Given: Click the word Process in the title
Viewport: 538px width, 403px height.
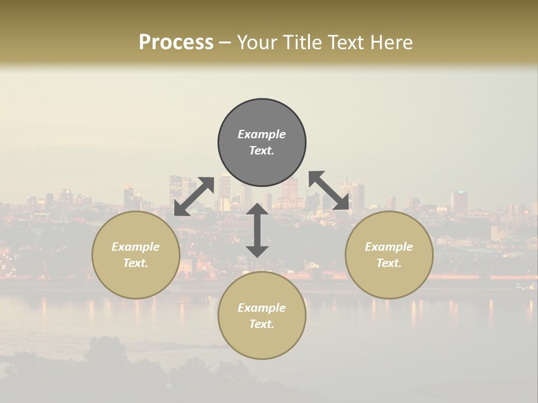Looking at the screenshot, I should (x=176, y=42).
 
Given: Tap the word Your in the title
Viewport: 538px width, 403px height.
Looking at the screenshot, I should (x=257, y=42).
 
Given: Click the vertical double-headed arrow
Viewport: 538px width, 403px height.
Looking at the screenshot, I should (x=257, y=230).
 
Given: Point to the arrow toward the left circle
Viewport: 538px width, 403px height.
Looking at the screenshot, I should (x=194, y=196).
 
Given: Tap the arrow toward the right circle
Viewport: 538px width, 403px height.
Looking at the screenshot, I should (x=329, y=191).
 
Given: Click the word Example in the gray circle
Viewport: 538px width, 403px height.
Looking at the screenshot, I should (x=262, y=134).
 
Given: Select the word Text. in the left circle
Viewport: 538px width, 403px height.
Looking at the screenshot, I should (x=136, y=263).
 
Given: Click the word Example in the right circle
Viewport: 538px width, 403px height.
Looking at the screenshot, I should (x=389, y=247).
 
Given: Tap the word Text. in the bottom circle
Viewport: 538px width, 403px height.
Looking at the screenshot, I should (x=262, y=324).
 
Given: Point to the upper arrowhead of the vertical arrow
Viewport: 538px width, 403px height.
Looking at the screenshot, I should (x=257, y=209).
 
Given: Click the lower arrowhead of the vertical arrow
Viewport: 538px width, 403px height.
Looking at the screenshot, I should (x=257, y=251).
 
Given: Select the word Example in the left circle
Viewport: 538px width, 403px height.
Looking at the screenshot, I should (x=136, y=247).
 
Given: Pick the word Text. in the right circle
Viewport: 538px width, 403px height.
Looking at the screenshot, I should (x=389, y=263).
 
